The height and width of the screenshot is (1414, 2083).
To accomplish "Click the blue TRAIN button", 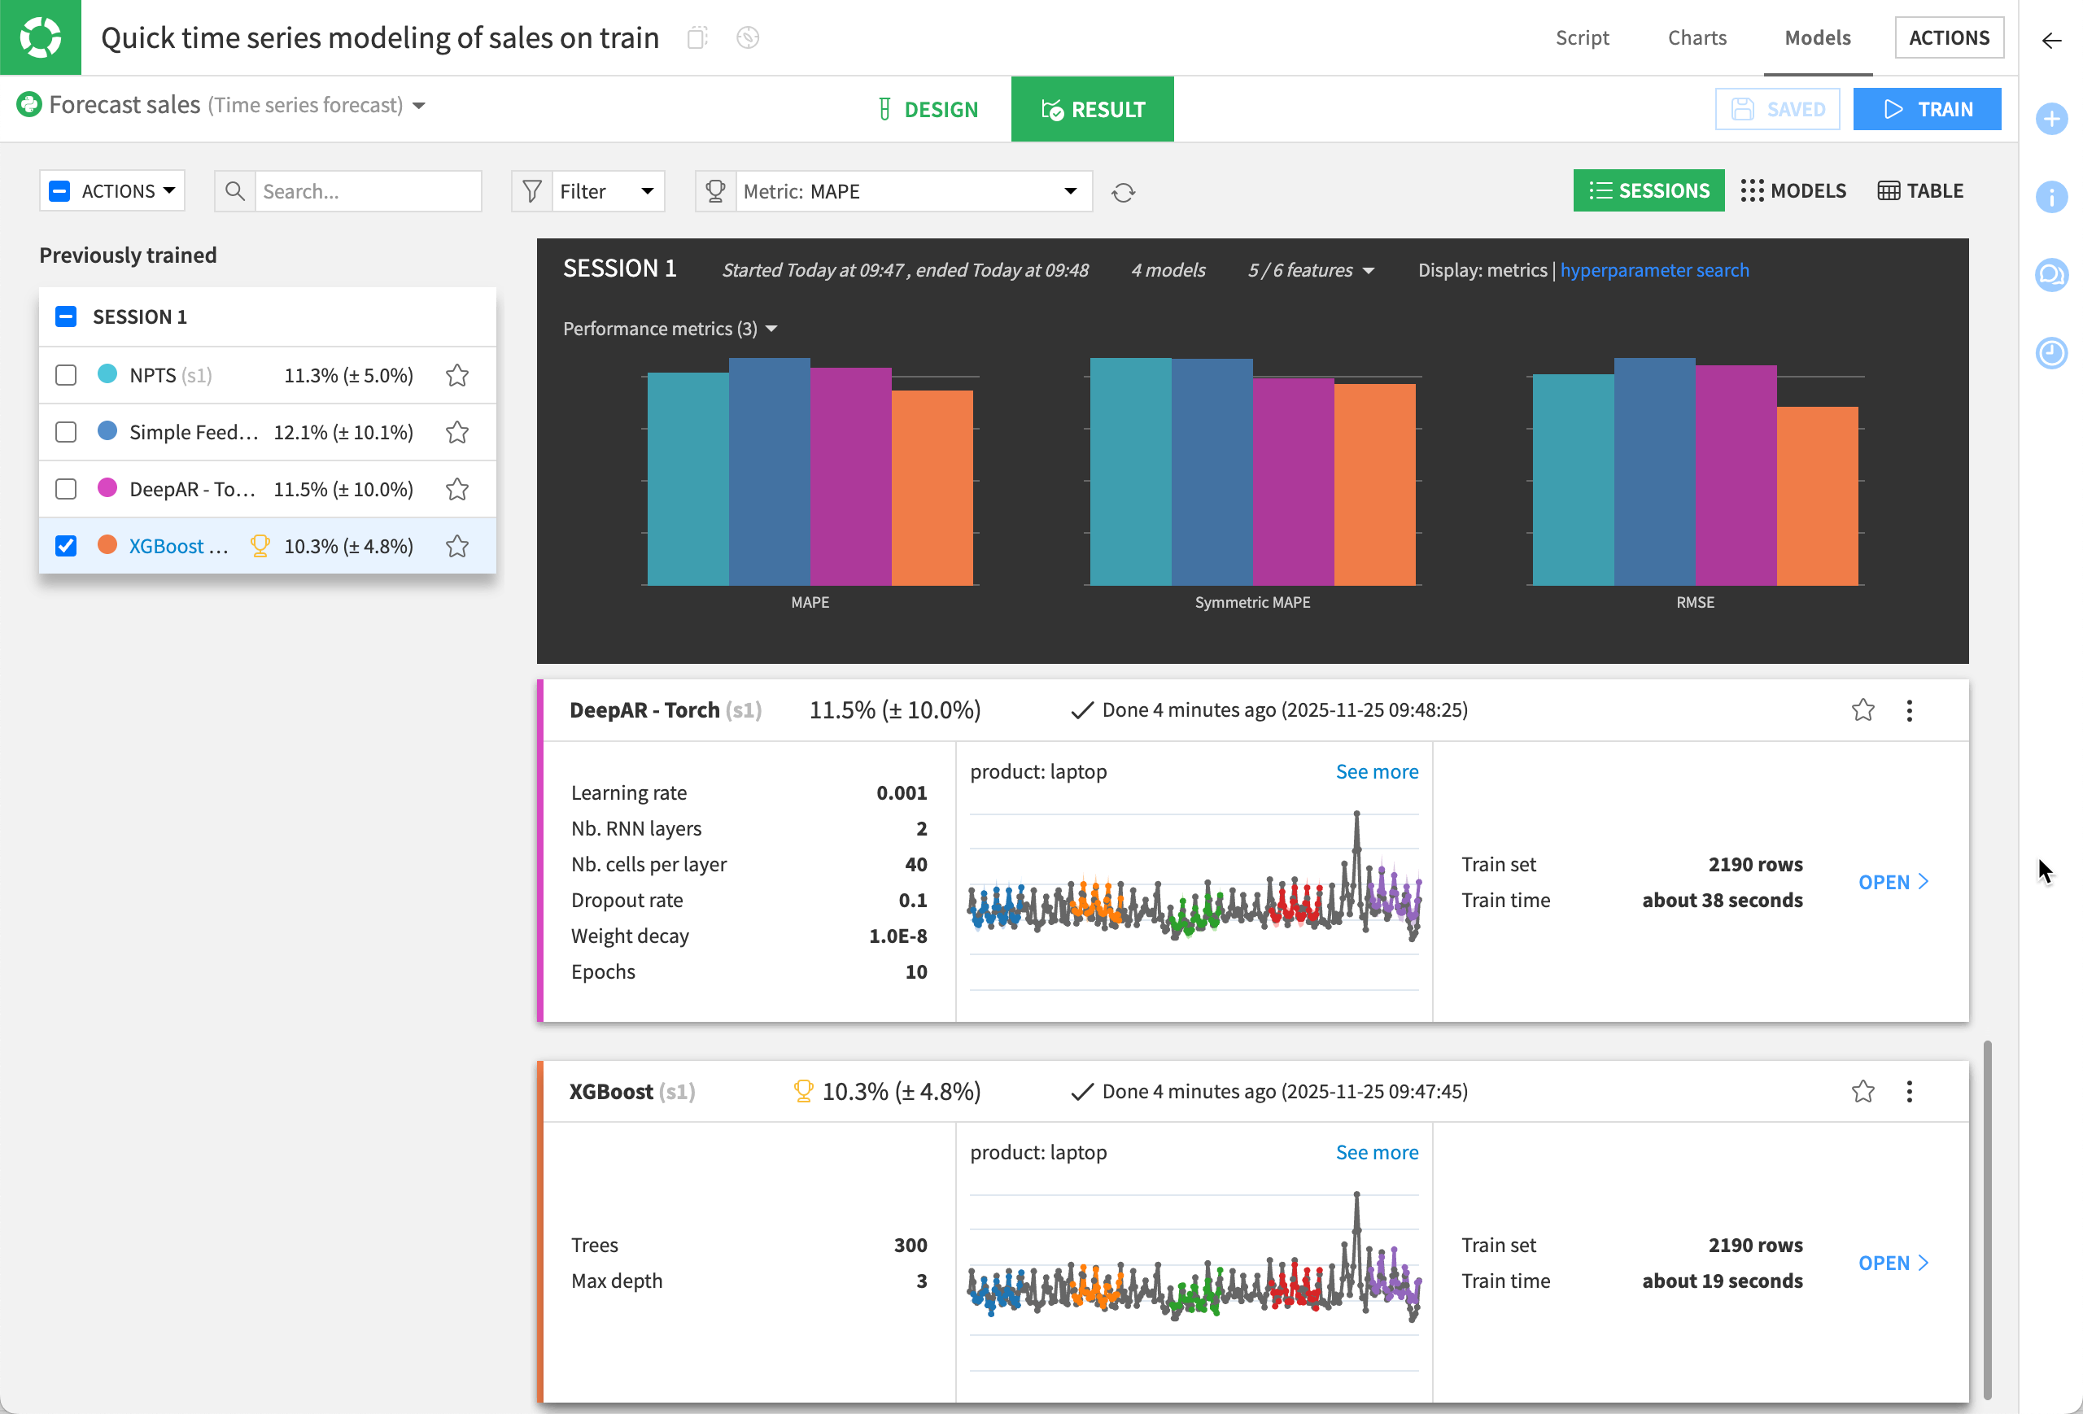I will (x=1926, y=109).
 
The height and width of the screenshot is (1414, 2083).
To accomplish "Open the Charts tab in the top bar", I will (x=1696, y=37).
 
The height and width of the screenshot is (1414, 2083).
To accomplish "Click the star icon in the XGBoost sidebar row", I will (x=457, y=547).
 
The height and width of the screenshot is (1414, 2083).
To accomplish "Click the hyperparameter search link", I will (x=1653, y=270).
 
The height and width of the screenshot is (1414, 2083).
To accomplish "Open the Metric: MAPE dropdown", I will (x=910, y=191).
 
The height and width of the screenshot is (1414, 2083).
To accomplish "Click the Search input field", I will (x=368, y=191).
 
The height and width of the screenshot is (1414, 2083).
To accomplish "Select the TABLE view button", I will (x=1920, y=191).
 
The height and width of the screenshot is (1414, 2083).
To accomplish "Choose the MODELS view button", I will (x=1793, y=191).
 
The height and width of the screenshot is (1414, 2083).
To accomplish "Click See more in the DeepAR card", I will (x=1376, y=771).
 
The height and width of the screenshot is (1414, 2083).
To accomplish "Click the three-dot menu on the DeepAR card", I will (x=1909, y=710).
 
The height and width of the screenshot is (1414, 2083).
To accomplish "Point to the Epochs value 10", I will (x=915, y=971).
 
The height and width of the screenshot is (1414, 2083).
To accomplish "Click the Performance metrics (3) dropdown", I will (x=670, y=329).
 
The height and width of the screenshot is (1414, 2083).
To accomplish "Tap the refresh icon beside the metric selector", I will (x=1123, y=193).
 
